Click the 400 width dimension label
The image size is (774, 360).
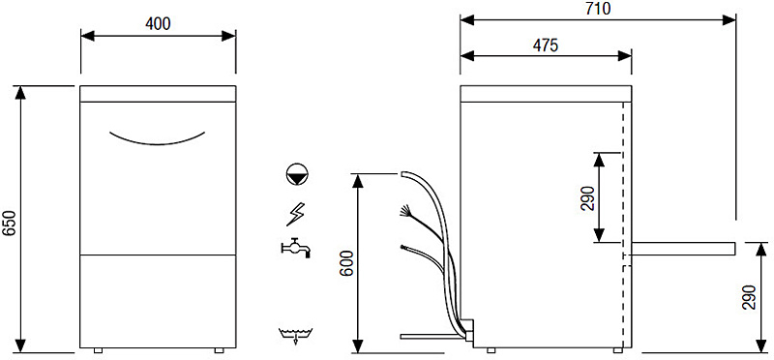pos(158,23)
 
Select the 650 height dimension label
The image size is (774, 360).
pos(10,223)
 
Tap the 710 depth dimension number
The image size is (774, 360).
pos(598,9)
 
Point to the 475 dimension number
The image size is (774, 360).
pos(546,45)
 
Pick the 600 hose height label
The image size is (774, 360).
pos(347,263)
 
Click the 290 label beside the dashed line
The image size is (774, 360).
pos(587,198)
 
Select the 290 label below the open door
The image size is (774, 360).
pos(749,297)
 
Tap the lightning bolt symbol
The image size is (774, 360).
pos(296,214)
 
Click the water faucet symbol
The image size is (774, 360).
pos(295,248)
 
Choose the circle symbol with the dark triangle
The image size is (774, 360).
pos(297,174)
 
